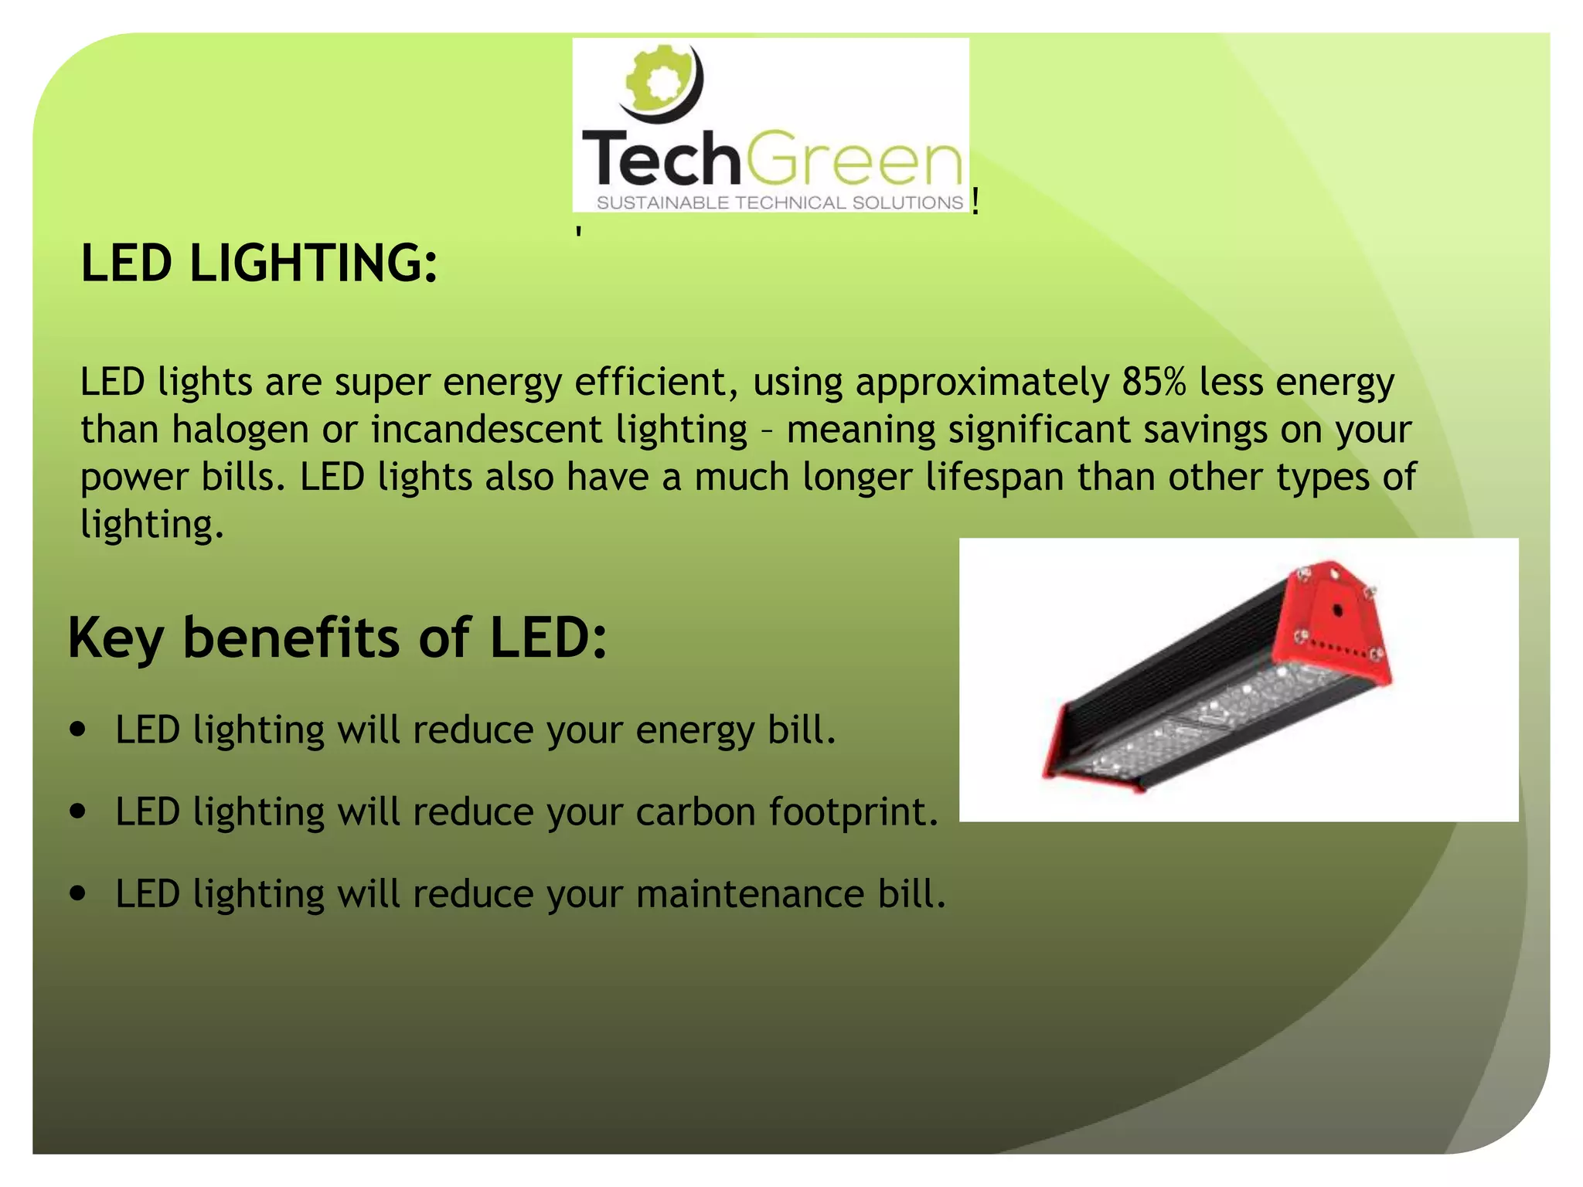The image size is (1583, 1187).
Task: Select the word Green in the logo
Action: click(x=854, y=160)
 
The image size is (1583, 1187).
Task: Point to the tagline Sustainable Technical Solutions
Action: click(x=779, y=203)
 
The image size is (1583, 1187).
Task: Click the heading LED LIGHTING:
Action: click(x=259, y=263)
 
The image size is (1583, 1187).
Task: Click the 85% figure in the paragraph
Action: click(x=1153, y=382)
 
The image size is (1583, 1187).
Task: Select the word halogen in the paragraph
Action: click(x=240, y=430)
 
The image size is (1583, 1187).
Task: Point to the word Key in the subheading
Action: click(x=115, y=639)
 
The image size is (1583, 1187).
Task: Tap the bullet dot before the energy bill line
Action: click(x=77, y=730)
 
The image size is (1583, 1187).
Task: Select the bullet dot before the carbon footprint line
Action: click(x=77, y=811)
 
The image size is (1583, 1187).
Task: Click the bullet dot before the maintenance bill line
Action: click(x=77, y=893)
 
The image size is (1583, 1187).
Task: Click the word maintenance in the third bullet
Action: click(x=750, y=894)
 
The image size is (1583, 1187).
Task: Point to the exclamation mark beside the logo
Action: click(x=976, y=202)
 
